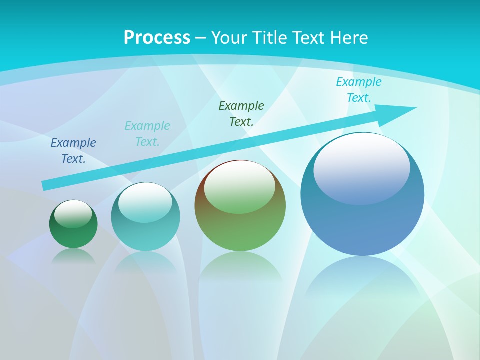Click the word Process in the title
157,38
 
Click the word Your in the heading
229,38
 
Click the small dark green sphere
73,235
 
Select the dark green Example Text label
241,113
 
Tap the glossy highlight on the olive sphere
240,186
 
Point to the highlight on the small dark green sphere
73,213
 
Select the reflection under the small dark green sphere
73,256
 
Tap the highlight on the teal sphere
145,202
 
